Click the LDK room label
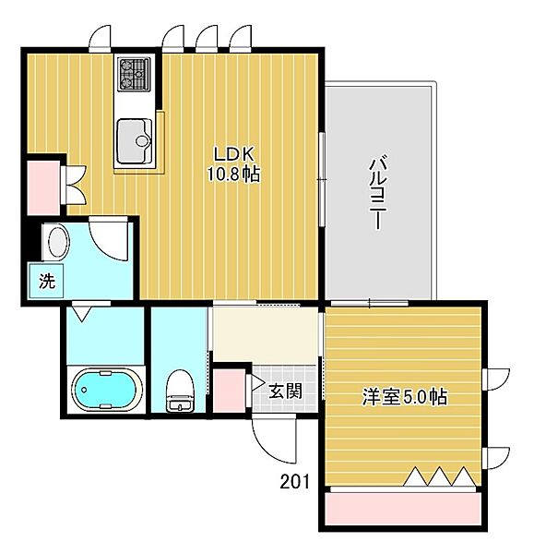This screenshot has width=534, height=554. [x=234, y=155]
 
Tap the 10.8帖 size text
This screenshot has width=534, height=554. [x=233, y=174]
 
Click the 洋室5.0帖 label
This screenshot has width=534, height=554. [x=405, y=397]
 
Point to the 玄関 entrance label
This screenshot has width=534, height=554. [x=285, y=391]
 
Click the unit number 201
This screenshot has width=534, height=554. [x=294, y=482]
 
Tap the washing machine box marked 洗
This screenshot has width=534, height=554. [x=46, y=281]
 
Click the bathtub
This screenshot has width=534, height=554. [x=105, y=390]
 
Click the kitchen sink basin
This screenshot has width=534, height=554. [x=135, y=141]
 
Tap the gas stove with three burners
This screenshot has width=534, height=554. [x=134, y=74]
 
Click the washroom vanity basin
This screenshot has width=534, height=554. [x=58, y=242]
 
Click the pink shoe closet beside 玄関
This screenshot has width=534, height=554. [x=230, y=391]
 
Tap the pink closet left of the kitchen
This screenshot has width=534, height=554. [x=43, y=187]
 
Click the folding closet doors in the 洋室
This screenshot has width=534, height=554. [x=439, y=476]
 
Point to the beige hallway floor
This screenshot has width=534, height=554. [x=266, y=335]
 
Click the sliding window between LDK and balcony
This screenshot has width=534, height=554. [x=322, y=179]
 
